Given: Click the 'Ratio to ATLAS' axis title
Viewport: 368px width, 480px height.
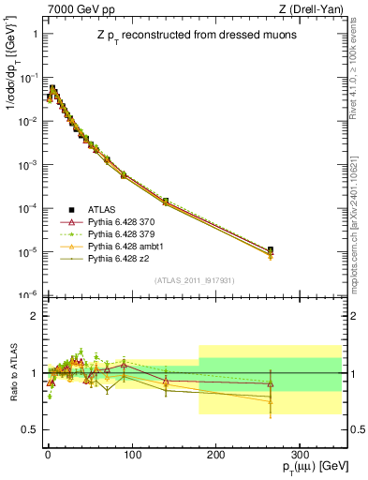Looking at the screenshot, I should point(12,372).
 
